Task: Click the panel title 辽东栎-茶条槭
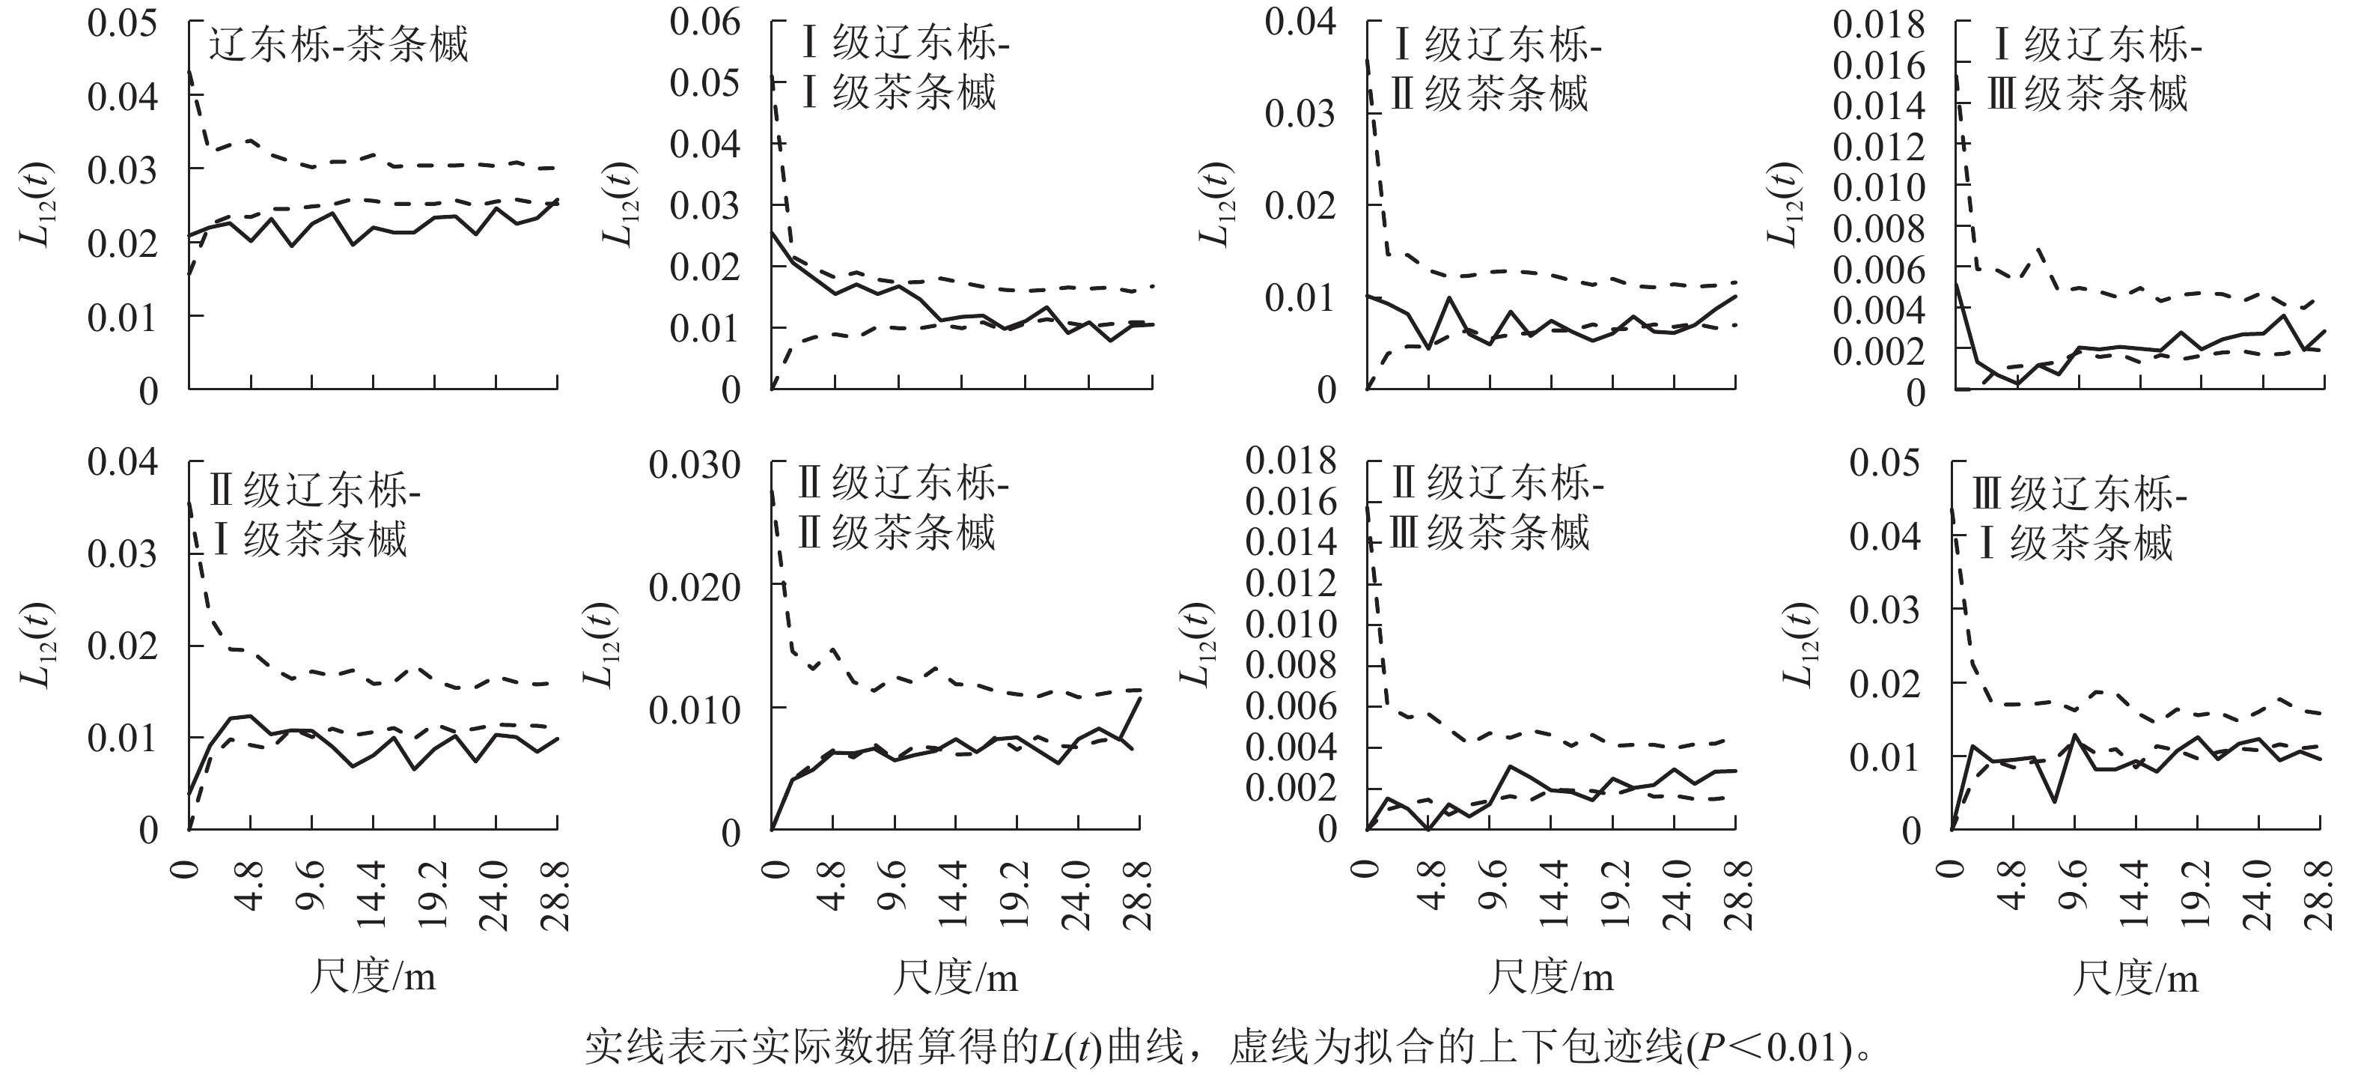tap(338, 45)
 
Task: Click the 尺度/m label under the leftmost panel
tap(373, 977)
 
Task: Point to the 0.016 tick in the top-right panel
tap(1878, 65)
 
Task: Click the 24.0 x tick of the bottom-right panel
tap(2258, 896)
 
